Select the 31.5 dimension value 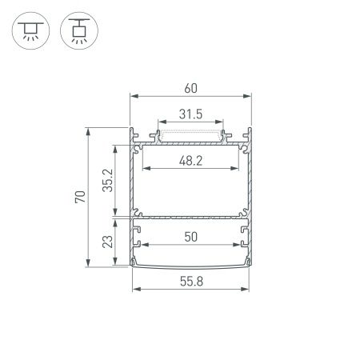190,114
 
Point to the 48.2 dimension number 190,161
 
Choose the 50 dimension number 190,238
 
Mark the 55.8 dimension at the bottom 190,280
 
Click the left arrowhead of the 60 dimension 133,96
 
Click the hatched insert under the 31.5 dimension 190,133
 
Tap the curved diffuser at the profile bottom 190,267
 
